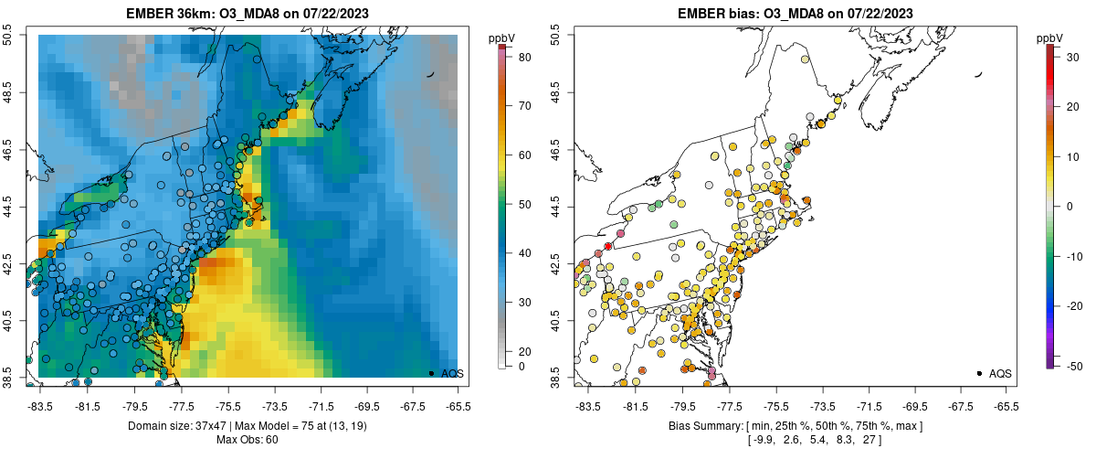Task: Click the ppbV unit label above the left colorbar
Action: (501, 37)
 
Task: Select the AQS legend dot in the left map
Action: (431, 373)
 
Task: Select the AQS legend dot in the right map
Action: (979, 373)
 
